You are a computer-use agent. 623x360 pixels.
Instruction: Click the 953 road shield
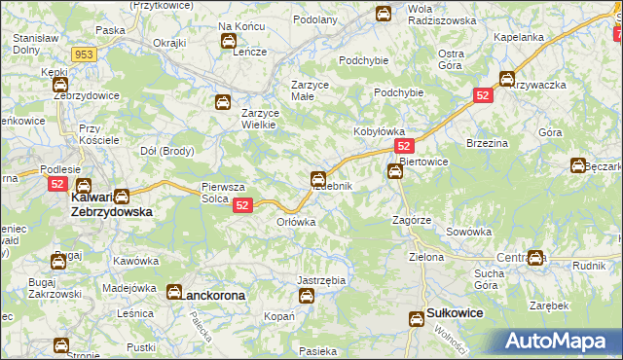(85, 55)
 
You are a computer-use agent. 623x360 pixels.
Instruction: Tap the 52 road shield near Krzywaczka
(484, 95)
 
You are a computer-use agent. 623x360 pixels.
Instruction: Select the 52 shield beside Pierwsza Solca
(243, 205)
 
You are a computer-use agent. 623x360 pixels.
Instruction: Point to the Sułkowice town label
(456, 314)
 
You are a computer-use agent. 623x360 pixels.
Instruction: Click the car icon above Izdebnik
(317, 178)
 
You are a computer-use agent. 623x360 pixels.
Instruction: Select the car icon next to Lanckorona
(173, 291)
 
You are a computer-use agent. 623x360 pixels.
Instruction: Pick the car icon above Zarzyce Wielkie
(222, 102)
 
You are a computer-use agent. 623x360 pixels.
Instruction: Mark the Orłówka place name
(296, 222)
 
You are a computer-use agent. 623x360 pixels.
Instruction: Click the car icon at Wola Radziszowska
(384, 14)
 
